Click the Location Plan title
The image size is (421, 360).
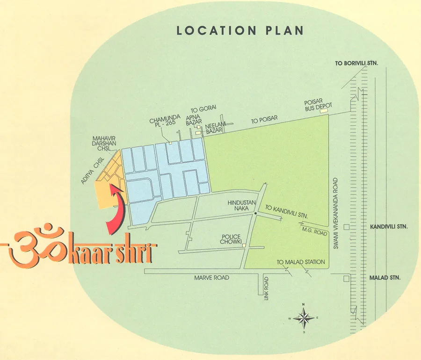click(x=240, y=31)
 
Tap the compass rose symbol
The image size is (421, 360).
click(x=304, y=318)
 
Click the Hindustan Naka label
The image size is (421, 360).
click(x=240, y=206)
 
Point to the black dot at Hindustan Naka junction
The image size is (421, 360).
click(x=255, y=214)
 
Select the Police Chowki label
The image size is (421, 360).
click(x=231, y=240)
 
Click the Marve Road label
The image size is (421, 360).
click(x=212, y=278)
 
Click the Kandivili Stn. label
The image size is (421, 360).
click(x=389, y=227)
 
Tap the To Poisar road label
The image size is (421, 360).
click(x=261, y=121)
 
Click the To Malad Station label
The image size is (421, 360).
click(x=300, y=262)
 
